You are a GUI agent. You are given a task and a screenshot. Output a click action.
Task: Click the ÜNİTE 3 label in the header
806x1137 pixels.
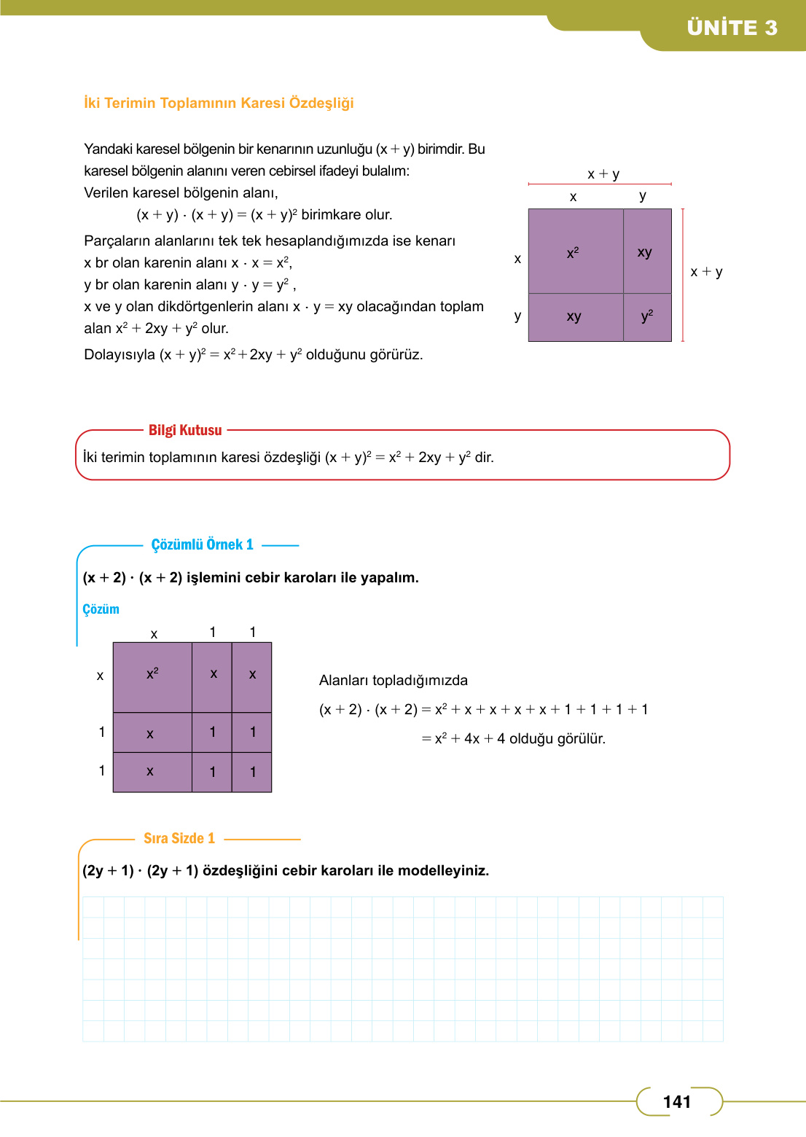pyautogui.click(x=732, y=28)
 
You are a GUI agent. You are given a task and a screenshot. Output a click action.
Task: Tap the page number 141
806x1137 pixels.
pyautogui.click(x=676, y=1101)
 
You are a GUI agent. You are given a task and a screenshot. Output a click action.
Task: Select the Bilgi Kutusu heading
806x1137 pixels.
pyautogui.click(x=185, y=430)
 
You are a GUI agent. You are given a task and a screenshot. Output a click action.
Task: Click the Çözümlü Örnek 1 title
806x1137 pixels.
pyautogui.click(x=202, y=544)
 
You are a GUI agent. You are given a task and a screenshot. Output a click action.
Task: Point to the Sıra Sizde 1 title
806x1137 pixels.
pyautogui.click(x=179, y=838)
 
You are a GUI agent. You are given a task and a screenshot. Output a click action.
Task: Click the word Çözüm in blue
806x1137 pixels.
pyautogui.click(x=101, y=609)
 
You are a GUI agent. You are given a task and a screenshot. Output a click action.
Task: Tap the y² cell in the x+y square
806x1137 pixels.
pyautogui.click(x=647, y=316)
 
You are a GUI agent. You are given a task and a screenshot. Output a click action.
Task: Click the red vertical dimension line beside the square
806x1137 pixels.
pyautogui.click(x=683, y=275)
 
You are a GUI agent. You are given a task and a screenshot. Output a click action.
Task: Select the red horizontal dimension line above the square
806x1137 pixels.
pyautogui.click(x=599, y=184)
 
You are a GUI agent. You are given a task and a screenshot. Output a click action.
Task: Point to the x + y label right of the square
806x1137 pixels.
pyautogui.click(x=706, y=272)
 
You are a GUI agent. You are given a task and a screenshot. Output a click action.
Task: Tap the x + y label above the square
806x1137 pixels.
pyautogui.click(x=603, y=173)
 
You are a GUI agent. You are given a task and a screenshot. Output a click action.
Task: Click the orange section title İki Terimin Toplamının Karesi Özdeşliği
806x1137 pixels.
pyautogui.click(x=219, y=103)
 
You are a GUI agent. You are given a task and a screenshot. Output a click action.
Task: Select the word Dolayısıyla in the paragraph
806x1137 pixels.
pyautogui.click(x=119, y=355)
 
